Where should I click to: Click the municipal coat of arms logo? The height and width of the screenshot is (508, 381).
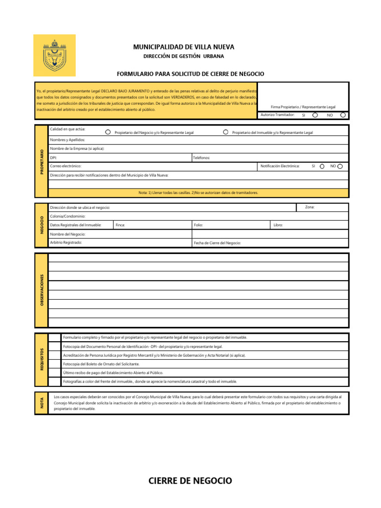54,55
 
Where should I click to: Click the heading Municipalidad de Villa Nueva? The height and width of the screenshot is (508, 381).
184,47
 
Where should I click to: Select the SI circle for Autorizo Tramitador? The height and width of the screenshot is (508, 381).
315,115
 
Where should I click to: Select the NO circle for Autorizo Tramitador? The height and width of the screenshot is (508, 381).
343,115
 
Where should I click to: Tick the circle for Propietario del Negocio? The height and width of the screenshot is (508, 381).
108,132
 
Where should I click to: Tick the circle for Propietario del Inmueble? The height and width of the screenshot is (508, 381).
226,132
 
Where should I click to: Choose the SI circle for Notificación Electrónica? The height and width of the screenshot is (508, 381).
322,166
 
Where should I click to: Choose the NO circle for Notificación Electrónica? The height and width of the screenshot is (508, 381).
340,166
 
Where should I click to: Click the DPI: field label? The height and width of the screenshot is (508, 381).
53,157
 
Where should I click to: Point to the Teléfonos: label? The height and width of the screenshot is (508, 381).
201,157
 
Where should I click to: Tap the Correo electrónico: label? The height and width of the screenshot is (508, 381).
65,166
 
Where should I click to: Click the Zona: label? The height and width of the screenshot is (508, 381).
310,207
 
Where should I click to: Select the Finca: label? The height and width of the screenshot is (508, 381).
120,225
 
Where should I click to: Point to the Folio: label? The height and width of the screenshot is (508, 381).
198,225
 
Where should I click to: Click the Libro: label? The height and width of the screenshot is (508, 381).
278,225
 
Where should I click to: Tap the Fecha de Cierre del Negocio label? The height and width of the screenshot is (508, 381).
217,243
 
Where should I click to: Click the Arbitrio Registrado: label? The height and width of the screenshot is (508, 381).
66,243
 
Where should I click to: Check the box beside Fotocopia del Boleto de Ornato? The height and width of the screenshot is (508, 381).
55,364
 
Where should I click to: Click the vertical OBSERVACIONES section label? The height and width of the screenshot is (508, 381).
42,290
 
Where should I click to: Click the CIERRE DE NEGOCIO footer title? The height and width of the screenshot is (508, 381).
190,481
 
